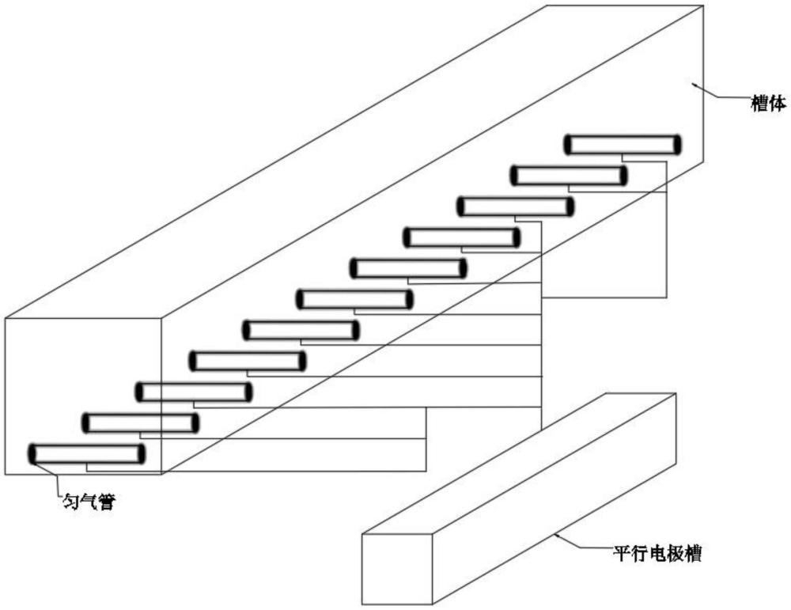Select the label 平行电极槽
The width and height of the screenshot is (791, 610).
(x=658, y=553)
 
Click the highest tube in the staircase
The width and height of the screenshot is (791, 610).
(x=623, y=145)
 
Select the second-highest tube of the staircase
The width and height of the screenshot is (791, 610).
(x=569, y=176)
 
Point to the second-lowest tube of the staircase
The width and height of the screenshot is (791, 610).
(x=141, y=423)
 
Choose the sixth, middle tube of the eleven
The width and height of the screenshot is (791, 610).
(x=354, y=299)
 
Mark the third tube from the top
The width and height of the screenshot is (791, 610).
(x=516, y=206)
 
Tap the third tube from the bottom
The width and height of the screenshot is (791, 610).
(x=194, y=392)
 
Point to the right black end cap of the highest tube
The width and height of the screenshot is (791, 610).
(x=677, y=145)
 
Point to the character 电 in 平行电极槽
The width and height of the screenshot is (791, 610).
(x=658, y=553)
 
